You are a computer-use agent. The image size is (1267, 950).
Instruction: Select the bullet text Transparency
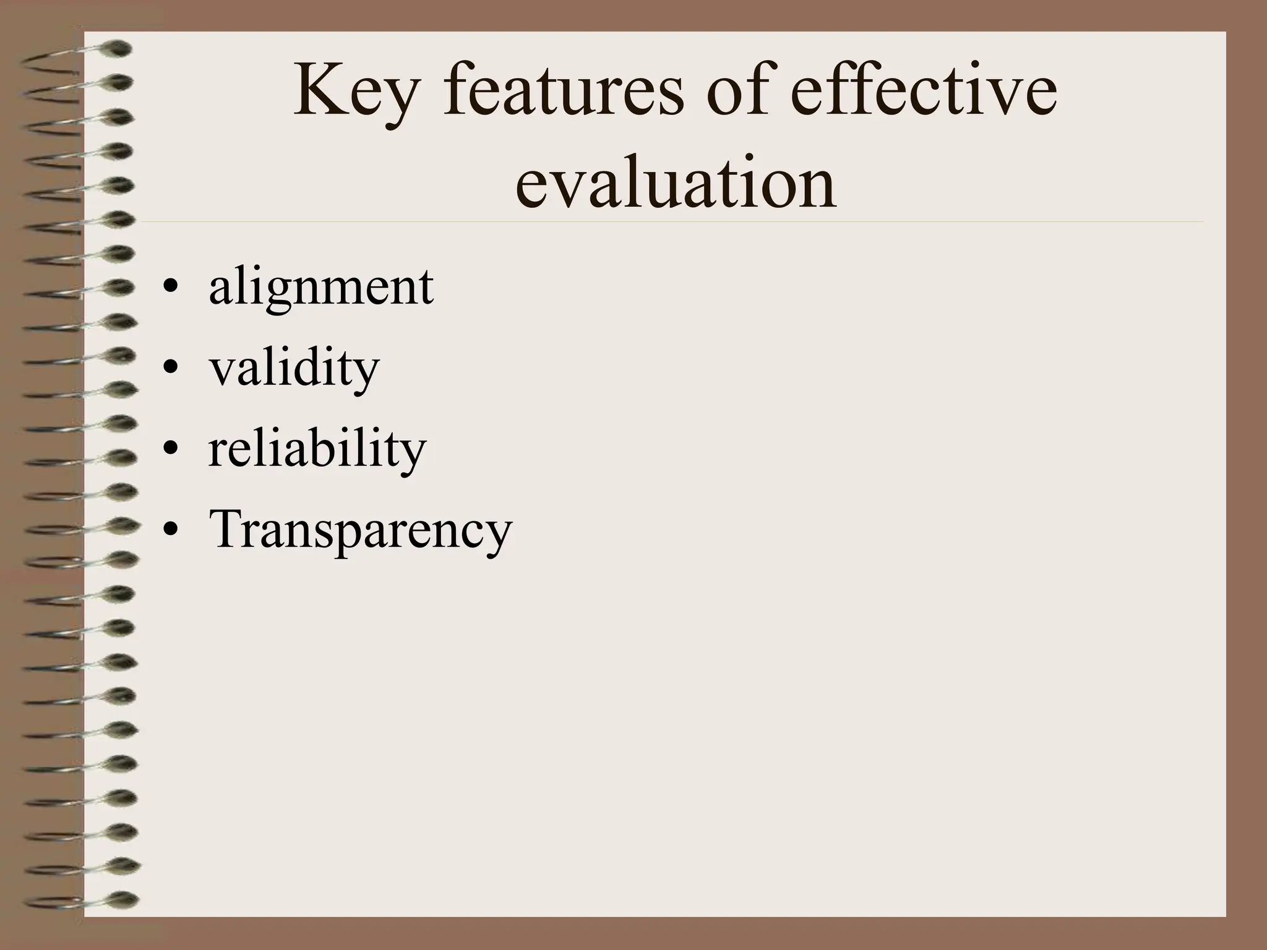click(x=361, y=530)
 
